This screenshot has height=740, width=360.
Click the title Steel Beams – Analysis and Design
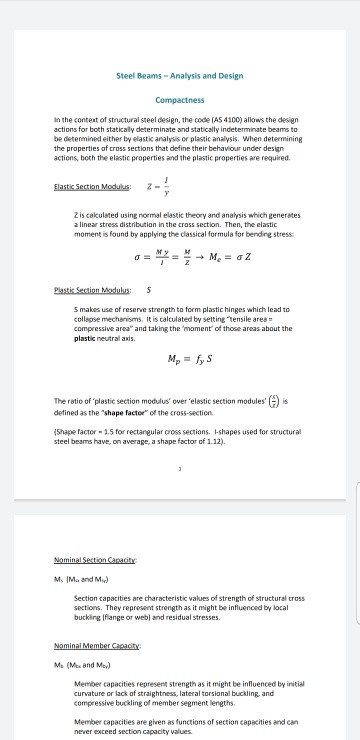coord(179,77)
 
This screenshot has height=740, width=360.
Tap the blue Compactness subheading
coord(179,100)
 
